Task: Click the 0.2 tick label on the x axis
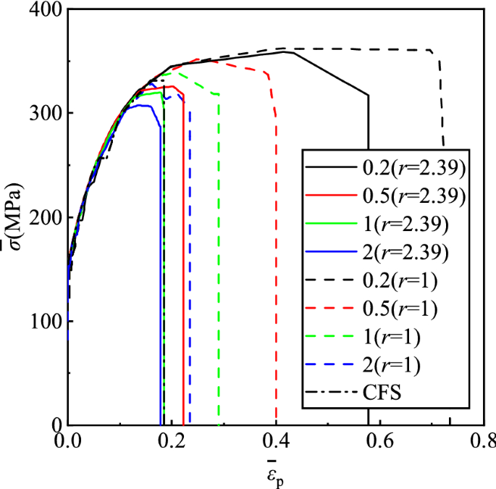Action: click(x=172, y=440)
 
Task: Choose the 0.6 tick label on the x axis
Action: click(x=379, y=440)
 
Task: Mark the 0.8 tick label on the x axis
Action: click(x=481, y=440)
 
